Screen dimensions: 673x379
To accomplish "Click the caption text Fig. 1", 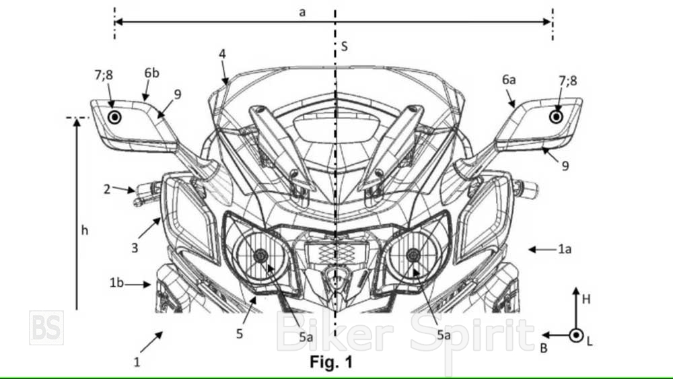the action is (x=331, y=361).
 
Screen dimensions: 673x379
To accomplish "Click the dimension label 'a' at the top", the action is (x=302, y=12).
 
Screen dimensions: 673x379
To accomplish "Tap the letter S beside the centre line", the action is (x=344, y=46).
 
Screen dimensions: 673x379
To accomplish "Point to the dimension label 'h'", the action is (x=85, y=230).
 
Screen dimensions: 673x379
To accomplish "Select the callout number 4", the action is (x=222, y=54).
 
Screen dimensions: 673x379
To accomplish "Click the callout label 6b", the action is (x=151, y=73).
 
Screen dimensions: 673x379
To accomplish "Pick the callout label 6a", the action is (x=509, y=79).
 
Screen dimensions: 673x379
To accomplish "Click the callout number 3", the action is (x=135, y=248).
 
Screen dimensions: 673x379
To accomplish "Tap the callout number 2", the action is (x=107, y=189).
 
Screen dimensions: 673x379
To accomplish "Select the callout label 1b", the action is (x=116, y=283).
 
